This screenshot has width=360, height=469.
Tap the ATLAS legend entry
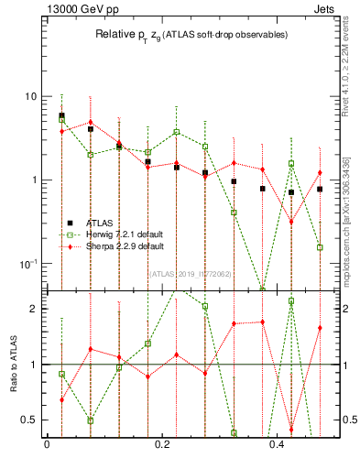(x=101, y=223)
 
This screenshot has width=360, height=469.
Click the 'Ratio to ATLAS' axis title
(x=12, y=365)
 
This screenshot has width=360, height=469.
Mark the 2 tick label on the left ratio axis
(x=33, y=309)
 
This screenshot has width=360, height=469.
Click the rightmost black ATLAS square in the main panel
(x=320, y=190)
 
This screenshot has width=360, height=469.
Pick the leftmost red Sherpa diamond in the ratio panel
(x=61, y=399)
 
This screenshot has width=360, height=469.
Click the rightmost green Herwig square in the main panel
(x=320, y=247)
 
